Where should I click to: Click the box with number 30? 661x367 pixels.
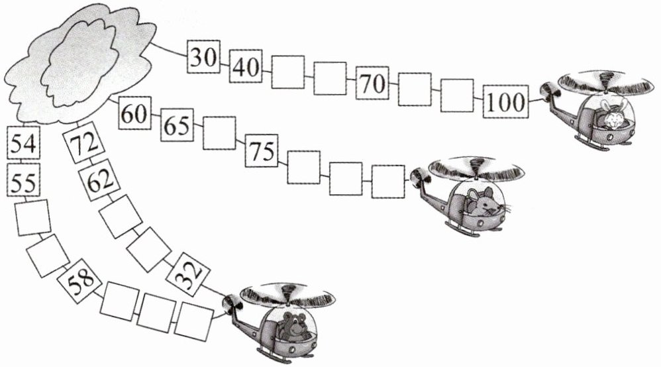203,57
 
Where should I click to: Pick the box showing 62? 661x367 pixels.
97,180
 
